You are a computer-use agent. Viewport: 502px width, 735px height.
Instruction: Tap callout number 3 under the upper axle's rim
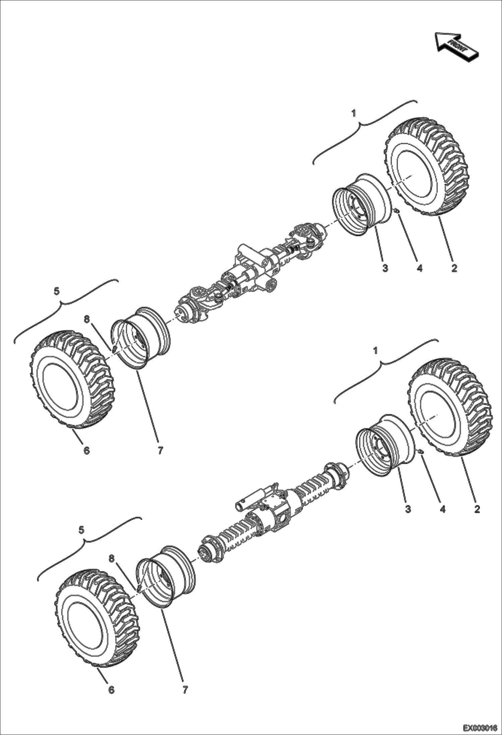click(x=385, y=268)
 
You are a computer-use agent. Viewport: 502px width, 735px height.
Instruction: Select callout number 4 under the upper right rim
click(x=419, y=268)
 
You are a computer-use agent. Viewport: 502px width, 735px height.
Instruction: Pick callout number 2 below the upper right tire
click(x=454, y=268)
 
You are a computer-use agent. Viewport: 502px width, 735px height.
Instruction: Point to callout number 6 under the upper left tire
click(x=86, y=451)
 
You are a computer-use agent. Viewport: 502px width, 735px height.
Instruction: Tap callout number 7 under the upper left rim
click(x=160, y=451)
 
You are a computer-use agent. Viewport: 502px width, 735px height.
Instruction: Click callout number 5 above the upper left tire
click(x=57, y=291)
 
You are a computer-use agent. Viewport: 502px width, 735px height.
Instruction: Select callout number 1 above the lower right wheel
click(x=375, y=350)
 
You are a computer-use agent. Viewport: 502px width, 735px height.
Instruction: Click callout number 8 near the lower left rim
click(x=112, y=558)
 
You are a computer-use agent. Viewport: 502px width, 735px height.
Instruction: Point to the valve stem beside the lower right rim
click(x=421, y=452)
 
